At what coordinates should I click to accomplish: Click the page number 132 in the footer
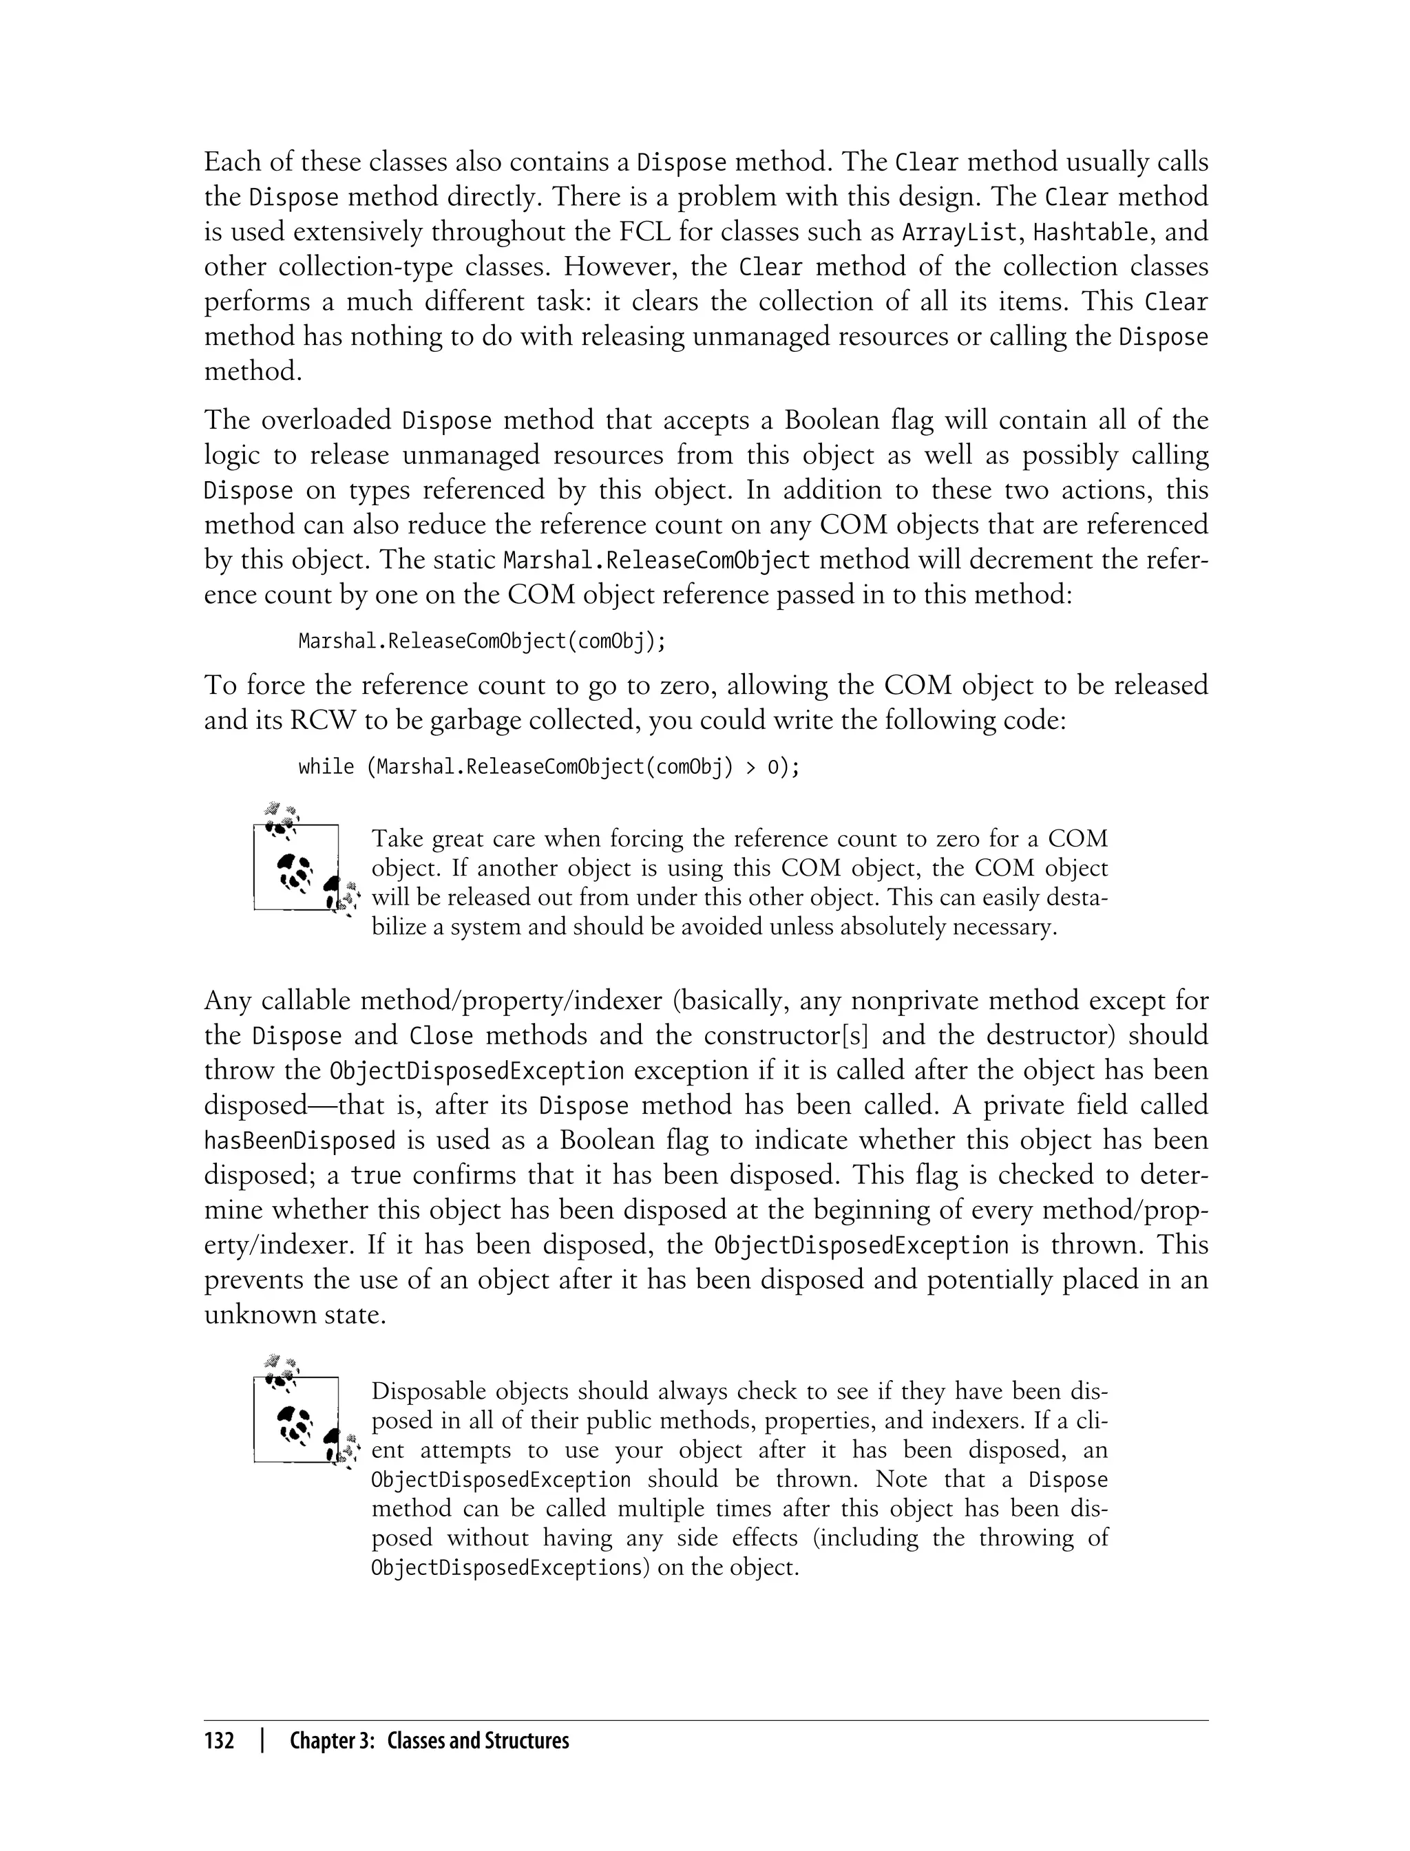pyautogui.click(x=219, y=1740)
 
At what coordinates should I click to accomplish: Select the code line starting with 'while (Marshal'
pyautogui.click(x=549, y=767)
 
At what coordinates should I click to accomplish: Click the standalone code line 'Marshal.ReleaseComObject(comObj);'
pyautogui.click(x=483, y=642)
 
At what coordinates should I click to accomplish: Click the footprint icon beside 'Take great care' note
pyautogui.click(x=303, y=865)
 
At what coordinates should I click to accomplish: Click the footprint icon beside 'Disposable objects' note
pyautogui.click(x=303, y=1417)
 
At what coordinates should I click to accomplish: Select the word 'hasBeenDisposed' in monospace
pyautogui.click(x=299, y=1141)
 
